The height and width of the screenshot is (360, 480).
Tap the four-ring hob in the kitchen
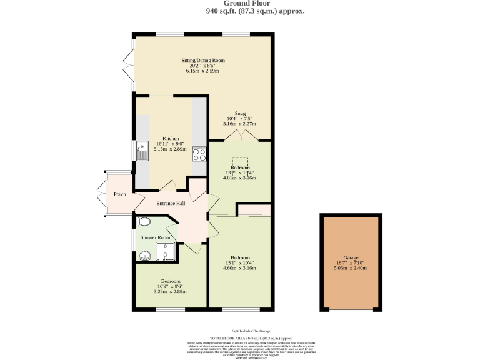[199, 154]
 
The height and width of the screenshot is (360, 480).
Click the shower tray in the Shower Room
[169, 251]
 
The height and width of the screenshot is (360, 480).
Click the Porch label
[119, 194]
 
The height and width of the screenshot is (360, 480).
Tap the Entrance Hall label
[171, 204]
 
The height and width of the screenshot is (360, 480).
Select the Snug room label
[240, 113]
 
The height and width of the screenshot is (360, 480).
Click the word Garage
[351, 257]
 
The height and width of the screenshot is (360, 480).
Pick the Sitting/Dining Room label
[203, 60]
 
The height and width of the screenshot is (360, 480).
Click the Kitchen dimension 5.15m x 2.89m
[171, 149]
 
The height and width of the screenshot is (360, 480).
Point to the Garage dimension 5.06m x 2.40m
[351, 268]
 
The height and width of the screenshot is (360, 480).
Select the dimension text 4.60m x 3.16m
[240, 268]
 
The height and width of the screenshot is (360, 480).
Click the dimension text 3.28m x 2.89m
[171, 291]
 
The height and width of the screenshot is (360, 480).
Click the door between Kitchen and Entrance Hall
[168, 186]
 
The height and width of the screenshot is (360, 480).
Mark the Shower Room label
[155, 238]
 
